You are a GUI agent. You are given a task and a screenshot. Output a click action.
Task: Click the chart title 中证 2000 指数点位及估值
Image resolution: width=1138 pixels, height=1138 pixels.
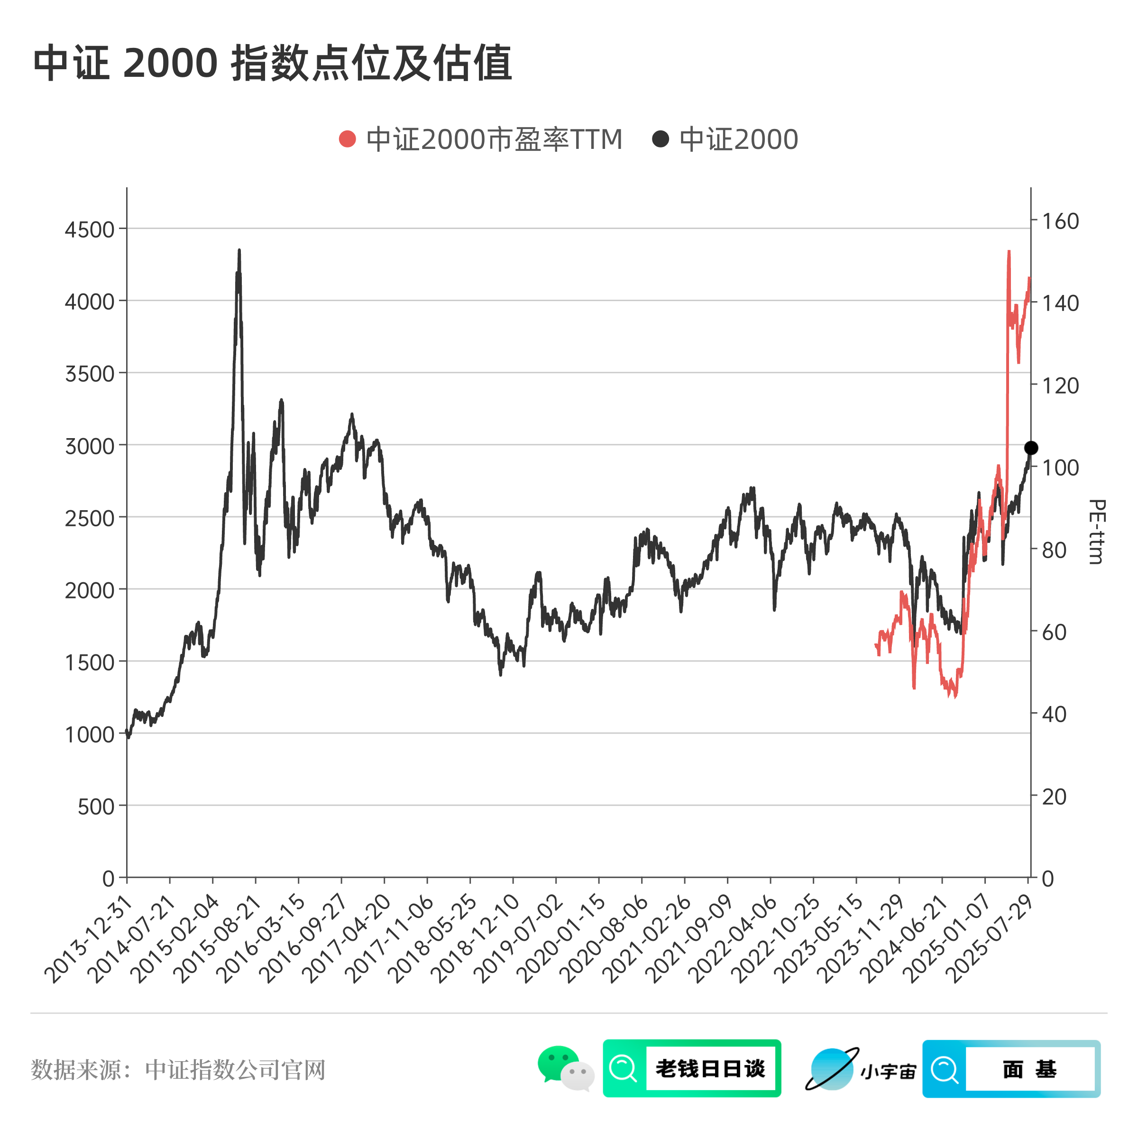[272, 63]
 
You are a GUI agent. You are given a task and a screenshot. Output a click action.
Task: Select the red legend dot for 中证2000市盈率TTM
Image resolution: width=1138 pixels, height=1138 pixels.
[348, 139]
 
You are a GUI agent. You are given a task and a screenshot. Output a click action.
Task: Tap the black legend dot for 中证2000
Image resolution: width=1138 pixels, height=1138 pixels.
[661, 139]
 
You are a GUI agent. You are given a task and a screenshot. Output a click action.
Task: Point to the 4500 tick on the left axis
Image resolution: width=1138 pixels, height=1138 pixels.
[90, 229]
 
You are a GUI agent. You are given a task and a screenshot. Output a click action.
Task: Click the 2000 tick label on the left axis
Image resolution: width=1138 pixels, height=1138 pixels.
[90, 590]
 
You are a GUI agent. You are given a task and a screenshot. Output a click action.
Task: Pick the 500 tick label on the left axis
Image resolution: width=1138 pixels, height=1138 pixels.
[95, 807]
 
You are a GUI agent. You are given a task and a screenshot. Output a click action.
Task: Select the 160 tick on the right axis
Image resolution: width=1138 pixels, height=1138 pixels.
[1060, 221]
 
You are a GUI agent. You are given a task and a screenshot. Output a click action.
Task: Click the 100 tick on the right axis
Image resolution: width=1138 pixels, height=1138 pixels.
[1060, 468]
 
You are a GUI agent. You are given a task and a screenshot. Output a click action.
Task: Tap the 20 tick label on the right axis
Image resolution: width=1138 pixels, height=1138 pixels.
[1055, 797]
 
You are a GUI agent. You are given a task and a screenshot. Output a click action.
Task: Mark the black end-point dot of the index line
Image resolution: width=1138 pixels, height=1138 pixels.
[1031, 448]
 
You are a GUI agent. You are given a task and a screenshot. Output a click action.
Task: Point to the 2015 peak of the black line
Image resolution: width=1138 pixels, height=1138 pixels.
[239, 251]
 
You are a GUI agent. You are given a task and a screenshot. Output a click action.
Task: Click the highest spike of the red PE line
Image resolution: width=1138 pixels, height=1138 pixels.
[1009, 252]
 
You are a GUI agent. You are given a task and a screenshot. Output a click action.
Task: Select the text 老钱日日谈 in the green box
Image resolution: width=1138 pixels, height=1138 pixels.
[710, 1068]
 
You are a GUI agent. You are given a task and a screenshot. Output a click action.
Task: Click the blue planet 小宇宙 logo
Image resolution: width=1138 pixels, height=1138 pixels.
[832, 1069]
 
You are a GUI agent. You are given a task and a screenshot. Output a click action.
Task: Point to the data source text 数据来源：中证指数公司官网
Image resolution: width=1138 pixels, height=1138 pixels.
[178, 1070]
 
